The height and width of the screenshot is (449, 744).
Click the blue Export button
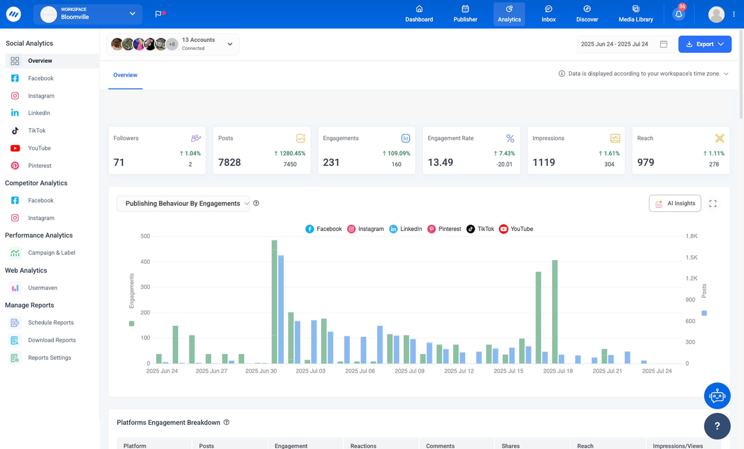(x=704, y=44)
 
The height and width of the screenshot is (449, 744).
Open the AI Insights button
(x=675, y=203)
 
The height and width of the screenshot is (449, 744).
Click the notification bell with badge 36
(x=678, y=14)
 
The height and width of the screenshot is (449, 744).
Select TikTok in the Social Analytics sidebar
(x=37, y=130)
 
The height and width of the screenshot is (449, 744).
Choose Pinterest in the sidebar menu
(x=40, y=166)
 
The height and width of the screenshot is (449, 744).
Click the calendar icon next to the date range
(x=663, y=44)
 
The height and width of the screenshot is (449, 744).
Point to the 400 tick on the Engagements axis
(x=145, y=262)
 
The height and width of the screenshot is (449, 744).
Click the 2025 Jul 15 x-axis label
(x=508, y=371)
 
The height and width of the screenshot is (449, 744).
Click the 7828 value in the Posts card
(x=229, y=162)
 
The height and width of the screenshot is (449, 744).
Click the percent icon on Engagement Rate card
(x=510, y=138)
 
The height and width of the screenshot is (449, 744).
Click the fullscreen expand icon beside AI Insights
(x=713, y=204)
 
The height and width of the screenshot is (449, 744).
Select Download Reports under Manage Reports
(x=52, y=340)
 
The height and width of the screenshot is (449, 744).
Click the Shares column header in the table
(x=510, y=446)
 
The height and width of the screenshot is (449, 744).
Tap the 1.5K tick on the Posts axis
(x=691, y=257)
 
